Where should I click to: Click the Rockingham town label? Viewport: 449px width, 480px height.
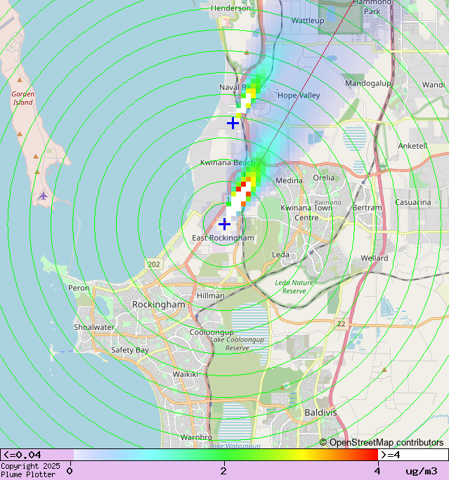pyautogui.click(x=159, y=305)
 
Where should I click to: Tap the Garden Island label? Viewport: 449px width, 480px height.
pyautogui.click(x=22, y=98)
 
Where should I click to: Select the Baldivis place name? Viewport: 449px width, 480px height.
pyautogui.click(x=320, y=413)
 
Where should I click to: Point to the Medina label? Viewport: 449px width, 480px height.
pyautogui.click(x=289, y=180)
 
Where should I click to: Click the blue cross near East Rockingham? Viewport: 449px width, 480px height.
pyautogui.click(x=224, y=224)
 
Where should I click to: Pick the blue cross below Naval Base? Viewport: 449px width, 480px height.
pyautogui.click(x=233, y=123)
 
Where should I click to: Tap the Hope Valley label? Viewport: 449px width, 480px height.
pyautogui.click(x=299, y=95)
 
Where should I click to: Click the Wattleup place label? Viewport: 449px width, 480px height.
pyautogui.click(x=308, y=21)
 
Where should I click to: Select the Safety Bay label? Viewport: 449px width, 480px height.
pyautogui.click(x=130, y=349)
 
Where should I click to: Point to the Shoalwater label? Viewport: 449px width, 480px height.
pyautogui.click(x=94, y=327)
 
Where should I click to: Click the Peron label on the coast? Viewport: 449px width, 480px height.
pyautogui.click(x=79, y=288)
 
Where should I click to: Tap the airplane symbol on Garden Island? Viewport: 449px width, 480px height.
pyautogui.click(x=44, y=196)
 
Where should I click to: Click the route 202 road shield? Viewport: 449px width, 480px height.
pyautogui.click(x=154, y=264)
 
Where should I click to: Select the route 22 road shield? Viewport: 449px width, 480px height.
pyautogui.click(x=341, y=324)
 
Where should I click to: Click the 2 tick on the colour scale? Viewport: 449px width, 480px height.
pyautogui.click(x=223, y=470)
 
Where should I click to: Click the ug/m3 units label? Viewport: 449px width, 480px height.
pyautogui.click(x=421, y=471)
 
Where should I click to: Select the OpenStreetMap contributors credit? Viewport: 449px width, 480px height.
pyautogui.click(x=382, y=442)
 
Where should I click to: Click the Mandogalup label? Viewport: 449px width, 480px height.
pyautogui.click(x=367, y=83)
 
